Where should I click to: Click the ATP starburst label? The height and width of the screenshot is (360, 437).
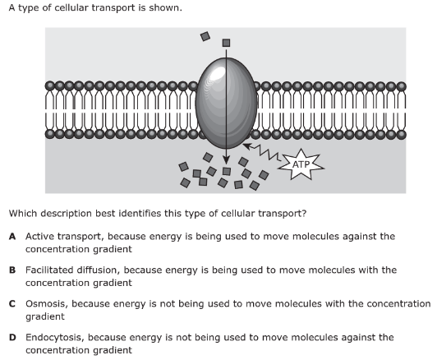pos(301,164)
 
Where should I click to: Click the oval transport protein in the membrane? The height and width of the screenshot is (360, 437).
pos(226,104)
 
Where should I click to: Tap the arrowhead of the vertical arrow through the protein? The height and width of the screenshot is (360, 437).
pos(227,160)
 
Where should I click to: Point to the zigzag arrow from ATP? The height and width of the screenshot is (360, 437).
pos(262,152)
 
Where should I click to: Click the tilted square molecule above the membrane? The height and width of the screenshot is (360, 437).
pos(205,36)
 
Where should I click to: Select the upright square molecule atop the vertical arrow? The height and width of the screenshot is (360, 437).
pos(227,43)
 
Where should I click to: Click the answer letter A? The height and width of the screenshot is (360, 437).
pos(12,237)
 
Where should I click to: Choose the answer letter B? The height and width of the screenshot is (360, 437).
pos(12,270)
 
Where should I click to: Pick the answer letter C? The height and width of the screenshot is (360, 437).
pos(12,303)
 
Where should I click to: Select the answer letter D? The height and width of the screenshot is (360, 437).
pos(12,338)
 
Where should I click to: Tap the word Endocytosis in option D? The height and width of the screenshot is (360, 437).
pos(55,338)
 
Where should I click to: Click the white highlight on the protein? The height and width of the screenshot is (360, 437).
pos(218,73)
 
